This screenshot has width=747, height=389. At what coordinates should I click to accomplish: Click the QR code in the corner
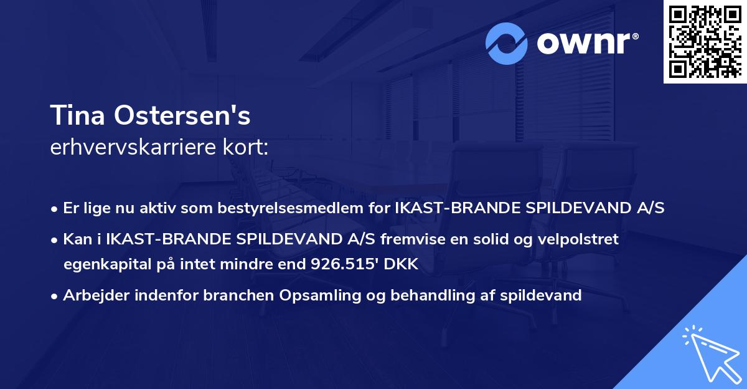[x=705, y=41]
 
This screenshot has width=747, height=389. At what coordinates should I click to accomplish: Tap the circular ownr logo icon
[x=507, y=44]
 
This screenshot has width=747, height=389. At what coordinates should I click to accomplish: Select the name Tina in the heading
[x=74, y=116]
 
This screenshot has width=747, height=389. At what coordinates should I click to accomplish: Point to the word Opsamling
[x=324, y=295]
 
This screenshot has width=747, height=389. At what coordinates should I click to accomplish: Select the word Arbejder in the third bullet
[x=93, y=295]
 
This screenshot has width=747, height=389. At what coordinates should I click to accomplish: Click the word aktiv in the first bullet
[x=162, y=208]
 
